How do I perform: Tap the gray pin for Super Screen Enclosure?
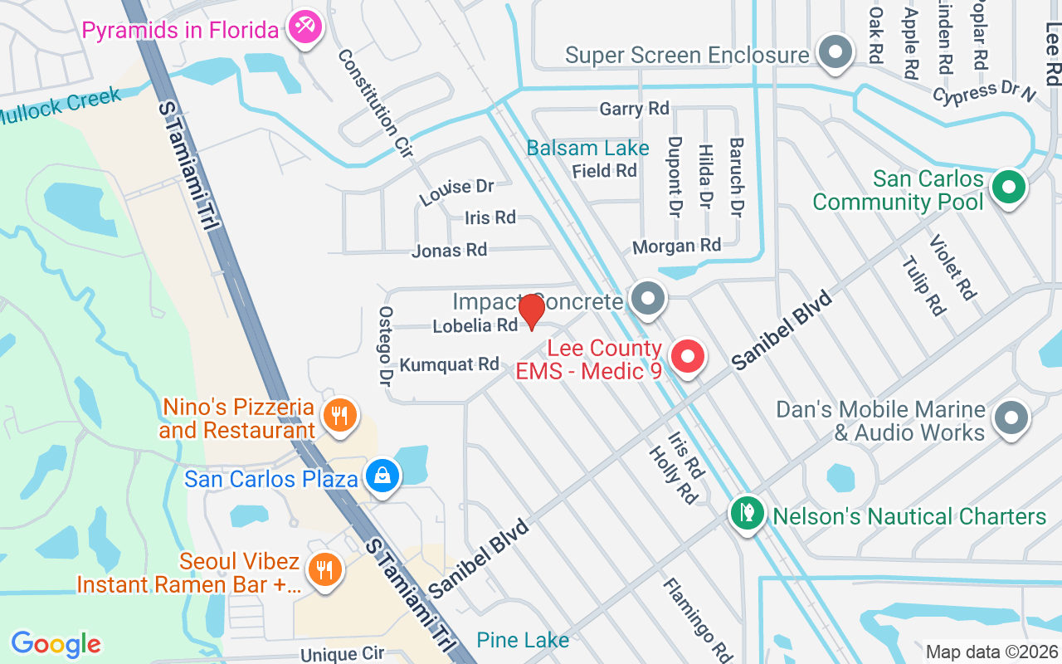[x=835, y=52]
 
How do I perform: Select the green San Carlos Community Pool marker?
[x=1008, y=187]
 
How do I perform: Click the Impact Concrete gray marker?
[x=648, y=298]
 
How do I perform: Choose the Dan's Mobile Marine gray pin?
[x=1011, y=417]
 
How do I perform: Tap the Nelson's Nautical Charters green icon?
[x=747, y=514]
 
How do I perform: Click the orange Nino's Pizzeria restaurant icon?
[x=339, y=416]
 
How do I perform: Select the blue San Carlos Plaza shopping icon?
[x=382, y=476]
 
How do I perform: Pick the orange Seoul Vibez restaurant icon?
[x=324, y=570]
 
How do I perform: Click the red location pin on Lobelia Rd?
[x=531, y=311]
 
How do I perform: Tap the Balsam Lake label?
[x=588, y=149]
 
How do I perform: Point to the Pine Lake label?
[x=523, y=640]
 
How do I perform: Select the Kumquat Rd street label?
[x=449, y=364]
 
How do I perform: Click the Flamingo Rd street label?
[x=696, y=620]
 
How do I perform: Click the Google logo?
[x=56, y=643]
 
